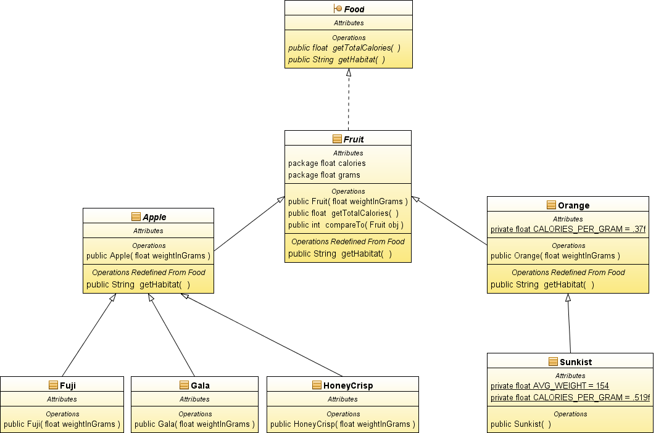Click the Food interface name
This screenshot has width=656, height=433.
pos(354,9)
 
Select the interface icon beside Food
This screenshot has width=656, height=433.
pos(337,9)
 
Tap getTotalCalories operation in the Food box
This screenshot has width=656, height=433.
pos(344,47)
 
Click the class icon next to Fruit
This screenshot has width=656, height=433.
pos(337,139)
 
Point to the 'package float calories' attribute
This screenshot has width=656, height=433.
pos(326,163)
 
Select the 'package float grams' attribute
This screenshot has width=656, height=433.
pos(324,175)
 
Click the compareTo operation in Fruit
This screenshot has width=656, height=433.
pos(346,225)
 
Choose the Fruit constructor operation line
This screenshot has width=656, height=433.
pos(348,201)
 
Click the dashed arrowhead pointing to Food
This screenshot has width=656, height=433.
pos(349,72)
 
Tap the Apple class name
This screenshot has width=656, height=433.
pos(154,216)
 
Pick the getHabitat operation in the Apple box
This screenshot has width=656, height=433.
pos(138,284)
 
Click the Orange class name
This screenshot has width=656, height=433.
pos(573,205)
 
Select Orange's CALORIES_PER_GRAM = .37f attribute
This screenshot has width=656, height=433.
pos(568,229)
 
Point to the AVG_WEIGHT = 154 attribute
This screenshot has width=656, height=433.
pos(550,386)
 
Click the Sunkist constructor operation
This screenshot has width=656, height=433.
pos(521,424)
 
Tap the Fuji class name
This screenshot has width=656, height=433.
pos(68,385)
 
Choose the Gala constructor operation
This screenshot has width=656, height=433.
pos(194,424)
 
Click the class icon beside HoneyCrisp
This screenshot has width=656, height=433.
pos(317,385)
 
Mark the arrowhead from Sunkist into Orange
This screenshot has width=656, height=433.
pos(568,297)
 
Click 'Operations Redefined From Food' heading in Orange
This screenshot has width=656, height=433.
pos(568,273)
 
